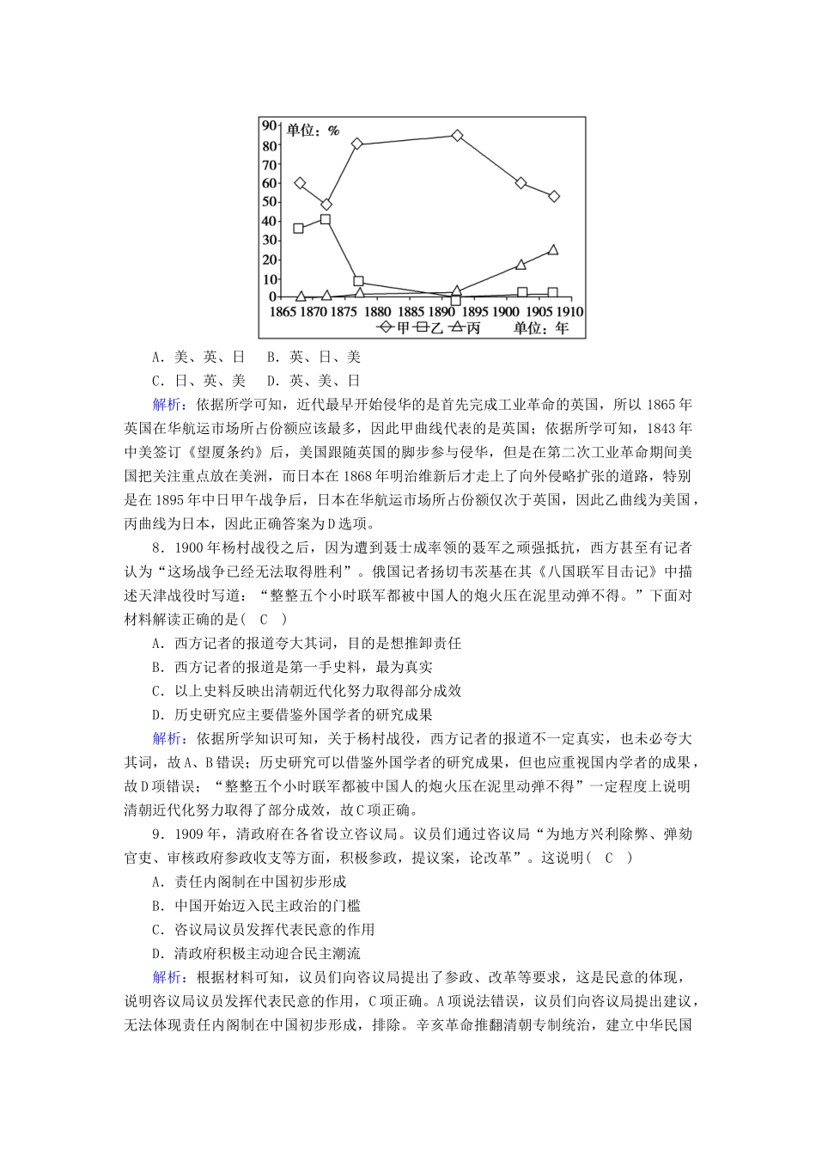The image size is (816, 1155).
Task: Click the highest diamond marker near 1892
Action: [457, 136]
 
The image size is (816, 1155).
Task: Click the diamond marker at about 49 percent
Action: [326, 205]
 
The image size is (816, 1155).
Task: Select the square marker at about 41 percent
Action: [326, 220]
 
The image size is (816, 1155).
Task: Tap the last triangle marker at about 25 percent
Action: [553, 250]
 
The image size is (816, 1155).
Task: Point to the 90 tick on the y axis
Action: [268, 125]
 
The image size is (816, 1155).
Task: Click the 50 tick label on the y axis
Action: [268, 202]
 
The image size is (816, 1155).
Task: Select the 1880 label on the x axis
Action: [377, 311]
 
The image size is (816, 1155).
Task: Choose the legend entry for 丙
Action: [465, 327]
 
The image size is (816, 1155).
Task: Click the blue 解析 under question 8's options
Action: [167, 738]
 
